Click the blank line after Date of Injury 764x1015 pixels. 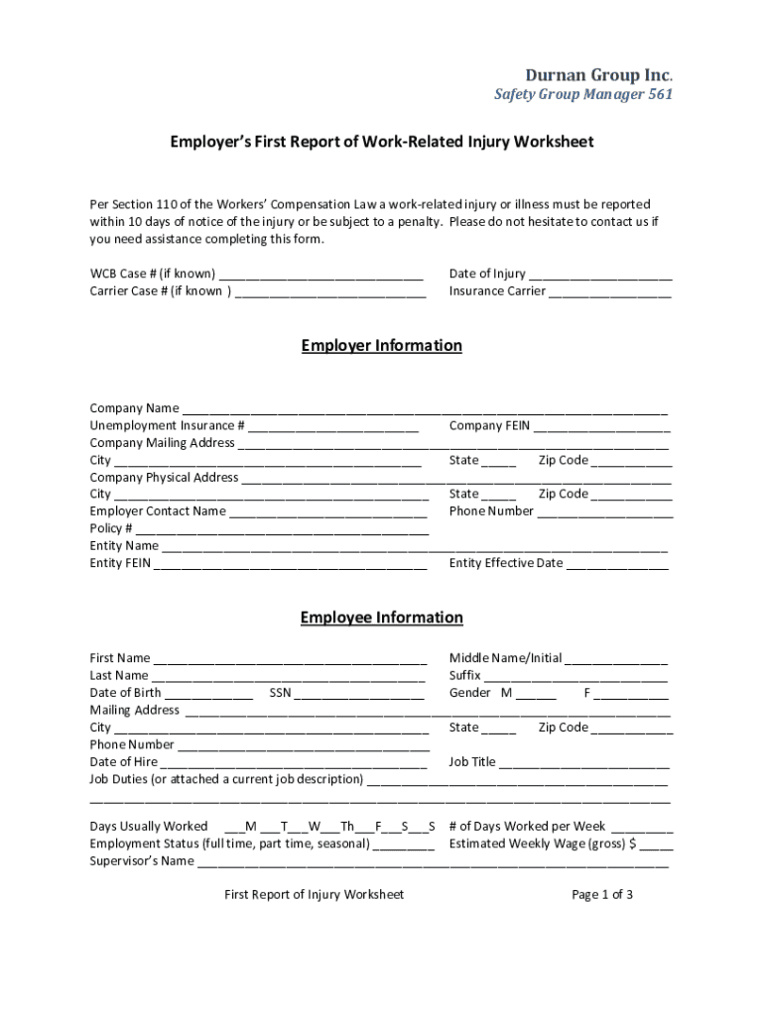coord(600,275)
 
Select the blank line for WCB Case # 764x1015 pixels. coord(321,275)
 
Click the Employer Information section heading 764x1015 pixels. coord(382,346)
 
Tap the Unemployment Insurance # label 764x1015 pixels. coord(168,426)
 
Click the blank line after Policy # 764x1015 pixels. coord(282,529)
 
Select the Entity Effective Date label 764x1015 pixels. coord(506,564)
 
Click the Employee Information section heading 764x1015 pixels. coord(382,618)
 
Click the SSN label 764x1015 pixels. coord(280,693)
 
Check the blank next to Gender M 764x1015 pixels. coord(536,694)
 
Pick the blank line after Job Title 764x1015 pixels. coord(584,763)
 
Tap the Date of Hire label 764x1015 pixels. coord(124,762)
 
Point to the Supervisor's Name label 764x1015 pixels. coord(142,860)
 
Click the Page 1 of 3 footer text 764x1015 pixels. coord(602,895)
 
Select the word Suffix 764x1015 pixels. coord(464,676)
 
